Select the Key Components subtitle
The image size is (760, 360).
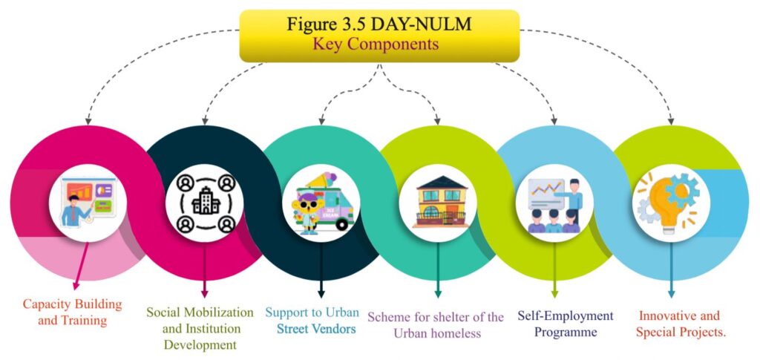(379, 44)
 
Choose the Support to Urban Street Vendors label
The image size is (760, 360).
(312, 320)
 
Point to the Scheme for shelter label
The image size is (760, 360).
(436, 325)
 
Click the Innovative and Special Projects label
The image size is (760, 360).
(681, 324)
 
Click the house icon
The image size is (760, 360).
(438, 201)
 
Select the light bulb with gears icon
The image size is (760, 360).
(671, 200)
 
